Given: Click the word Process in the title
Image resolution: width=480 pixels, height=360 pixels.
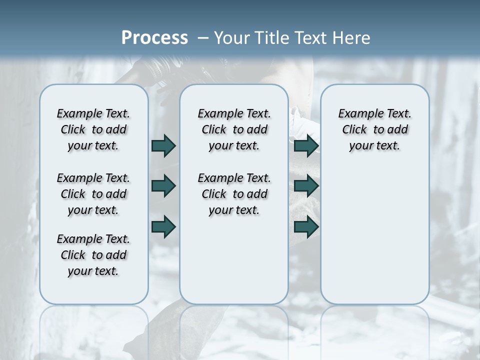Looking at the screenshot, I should pos(154,37).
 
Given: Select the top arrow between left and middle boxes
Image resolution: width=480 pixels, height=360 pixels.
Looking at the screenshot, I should pos(163,145).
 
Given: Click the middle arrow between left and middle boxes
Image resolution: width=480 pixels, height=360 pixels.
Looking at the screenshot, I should pos(163,186).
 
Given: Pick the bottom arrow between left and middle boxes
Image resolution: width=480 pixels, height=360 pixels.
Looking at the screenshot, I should pos(163,226).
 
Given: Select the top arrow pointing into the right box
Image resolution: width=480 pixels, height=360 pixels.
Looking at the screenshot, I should pos(306,145).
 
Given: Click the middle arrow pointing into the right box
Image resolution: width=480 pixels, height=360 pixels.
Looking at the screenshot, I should pos(306,186).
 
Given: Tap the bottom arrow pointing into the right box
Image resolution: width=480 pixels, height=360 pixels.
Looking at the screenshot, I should pos(306,226).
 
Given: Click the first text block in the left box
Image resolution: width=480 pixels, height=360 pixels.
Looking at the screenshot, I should pos(93,129).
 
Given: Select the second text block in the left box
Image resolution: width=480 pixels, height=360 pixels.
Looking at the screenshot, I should pos(93,194).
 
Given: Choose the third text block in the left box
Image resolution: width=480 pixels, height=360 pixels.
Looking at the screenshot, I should pos(93,255).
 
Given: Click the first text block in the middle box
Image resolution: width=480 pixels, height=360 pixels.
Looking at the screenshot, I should pos(234,129).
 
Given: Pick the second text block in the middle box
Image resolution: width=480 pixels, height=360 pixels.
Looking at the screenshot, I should pos(234,194).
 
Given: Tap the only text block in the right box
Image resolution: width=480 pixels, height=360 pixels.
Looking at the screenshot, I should pos(374,129).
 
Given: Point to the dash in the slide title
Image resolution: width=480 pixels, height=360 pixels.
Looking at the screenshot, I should pos(203,38).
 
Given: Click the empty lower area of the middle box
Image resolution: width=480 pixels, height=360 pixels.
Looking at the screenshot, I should pos(234,260).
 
